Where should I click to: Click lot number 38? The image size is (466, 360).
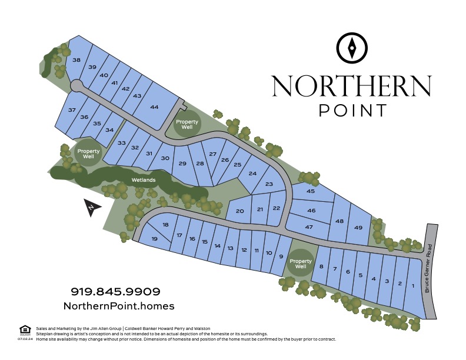[76, 60]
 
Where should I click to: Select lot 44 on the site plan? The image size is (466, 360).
[155, 106]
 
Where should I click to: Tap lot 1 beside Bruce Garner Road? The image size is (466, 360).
[413, 285]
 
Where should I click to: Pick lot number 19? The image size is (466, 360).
[154, 239]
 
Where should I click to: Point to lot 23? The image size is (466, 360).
[269, 184]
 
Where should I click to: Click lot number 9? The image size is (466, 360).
[281, 256]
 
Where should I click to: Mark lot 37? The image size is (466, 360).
[72, 110]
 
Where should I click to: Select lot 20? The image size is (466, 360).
[239, 211]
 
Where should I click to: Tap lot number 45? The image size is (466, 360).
[311, 191]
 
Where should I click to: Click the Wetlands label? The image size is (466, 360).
[144, 180]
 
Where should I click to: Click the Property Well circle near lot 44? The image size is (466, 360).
[187, 124]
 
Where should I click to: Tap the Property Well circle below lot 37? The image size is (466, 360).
[88, 154]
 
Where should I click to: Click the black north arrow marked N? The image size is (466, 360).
[92, 208]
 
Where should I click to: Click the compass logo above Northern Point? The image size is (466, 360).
[351, 47]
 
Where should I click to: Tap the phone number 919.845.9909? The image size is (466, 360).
[115, 291]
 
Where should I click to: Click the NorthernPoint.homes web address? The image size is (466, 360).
[119, 306]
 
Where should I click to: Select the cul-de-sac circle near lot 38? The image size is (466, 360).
[76, 86]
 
